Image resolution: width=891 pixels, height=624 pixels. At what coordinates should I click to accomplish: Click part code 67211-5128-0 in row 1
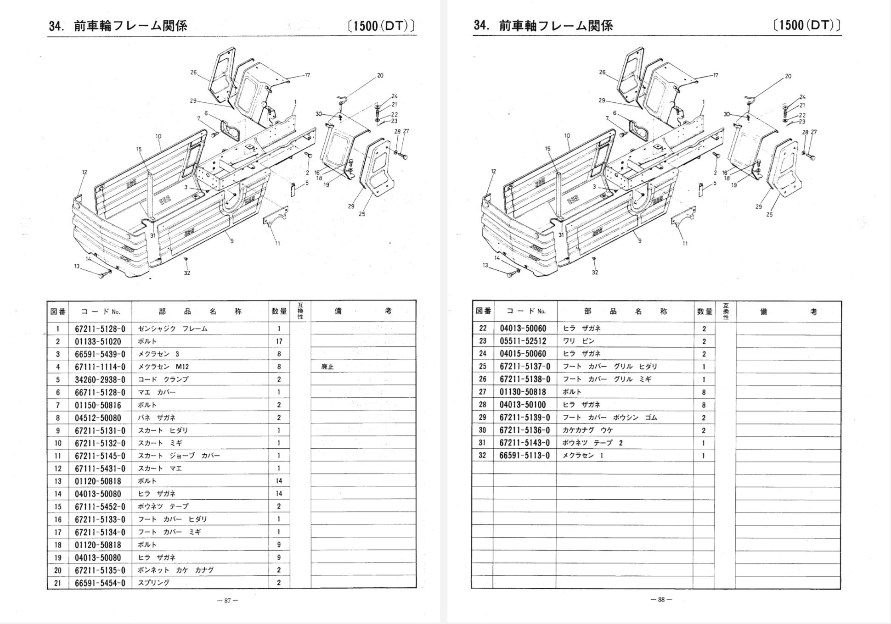point(100,329)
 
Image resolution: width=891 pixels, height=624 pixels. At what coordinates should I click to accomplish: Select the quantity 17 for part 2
point(279,341)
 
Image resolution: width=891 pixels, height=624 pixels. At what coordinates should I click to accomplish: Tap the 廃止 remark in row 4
point(327,367)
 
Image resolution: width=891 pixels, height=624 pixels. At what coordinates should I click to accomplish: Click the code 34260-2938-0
point(100,380)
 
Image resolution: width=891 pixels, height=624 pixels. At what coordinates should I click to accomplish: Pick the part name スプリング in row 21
point(154,583)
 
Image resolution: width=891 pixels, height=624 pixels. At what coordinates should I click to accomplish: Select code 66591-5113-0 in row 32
point(524,456)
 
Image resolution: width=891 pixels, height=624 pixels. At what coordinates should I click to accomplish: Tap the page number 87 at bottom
point(227,601)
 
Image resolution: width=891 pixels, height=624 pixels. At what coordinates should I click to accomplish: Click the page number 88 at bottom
point(661,600)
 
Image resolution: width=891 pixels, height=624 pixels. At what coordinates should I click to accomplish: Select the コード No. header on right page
point(526,312)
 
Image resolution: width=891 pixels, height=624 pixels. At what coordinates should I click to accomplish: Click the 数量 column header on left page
point(279,312)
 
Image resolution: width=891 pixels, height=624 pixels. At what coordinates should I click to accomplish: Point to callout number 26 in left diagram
point(193,72)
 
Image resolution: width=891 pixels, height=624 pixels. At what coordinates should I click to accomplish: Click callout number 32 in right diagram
point(595,273)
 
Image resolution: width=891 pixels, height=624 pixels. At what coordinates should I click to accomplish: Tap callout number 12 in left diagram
point(85,173)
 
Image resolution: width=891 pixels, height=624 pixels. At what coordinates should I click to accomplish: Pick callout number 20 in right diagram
point(788,77)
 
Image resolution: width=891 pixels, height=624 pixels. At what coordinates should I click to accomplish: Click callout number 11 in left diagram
point(277,244)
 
